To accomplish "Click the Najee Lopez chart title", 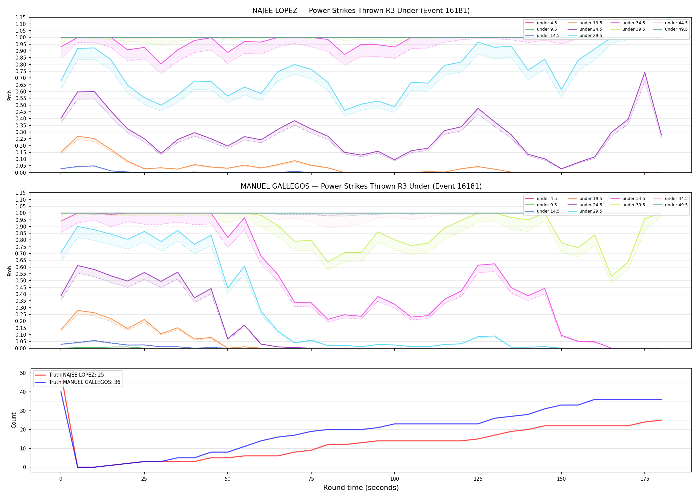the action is point(361,11).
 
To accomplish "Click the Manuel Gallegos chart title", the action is point(361,186).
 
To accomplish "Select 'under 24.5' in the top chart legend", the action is point(590,29).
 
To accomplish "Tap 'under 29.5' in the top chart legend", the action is point(590,36).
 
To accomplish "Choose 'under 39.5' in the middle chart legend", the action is point(633,205).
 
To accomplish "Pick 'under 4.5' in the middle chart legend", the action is point(547,199).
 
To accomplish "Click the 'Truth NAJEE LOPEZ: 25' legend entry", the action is point(76,375).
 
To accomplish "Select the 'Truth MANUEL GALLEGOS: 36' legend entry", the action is point(85,382).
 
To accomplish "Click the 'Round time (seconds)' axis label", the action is point(361,488).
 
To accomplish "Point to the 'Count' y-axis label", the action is point(14,420).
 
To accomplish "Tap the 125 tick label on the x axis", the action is point(478,479).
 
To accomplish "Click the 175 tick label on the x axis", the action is point(644,479).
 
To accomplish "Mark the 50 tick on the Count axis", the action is point(23,373).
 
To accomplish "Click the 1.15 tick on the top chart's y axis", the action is point(21,17).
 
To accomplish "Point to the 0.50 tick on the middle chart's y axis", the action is point(21,280).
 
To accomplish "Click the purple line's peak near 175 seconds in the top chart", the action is point(644,73).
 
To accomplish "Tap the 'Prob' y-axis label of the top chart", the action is point(10,95).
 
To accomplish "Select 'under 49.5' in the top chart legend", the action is point(676,29).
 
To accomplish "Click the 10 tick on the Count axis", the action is point(23,448).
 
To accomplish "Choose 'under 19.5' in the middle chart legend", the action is point(590,199).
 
